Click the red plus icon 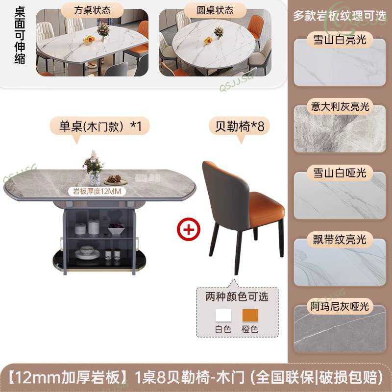coord(189,229)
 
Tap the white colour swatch coord(223,316)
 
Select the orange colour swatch coord(250,316)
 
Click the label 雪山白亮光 coord(340,40)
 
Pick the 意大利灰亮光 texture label coord(340,106)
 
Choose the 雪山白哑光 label coord(340,173)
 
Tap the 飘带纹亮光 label coord(340,240)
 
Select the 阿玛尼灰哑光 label coord(340,306)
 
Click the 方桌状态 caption coord(92,10)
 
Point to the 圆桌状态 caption coord(215,10)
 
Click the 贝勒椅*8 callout coord(240,126)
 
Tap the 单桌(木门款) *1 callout coord(100,126)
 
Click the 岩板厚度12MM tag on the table coord(97,192)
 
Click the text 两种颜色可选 coord(237,297)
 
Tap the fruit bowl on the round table coord(208,41)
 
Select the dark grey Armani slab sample coord(340,329)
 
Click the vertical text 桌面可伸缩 coord(20,35)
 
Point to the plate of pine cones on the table coord(116,180)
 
